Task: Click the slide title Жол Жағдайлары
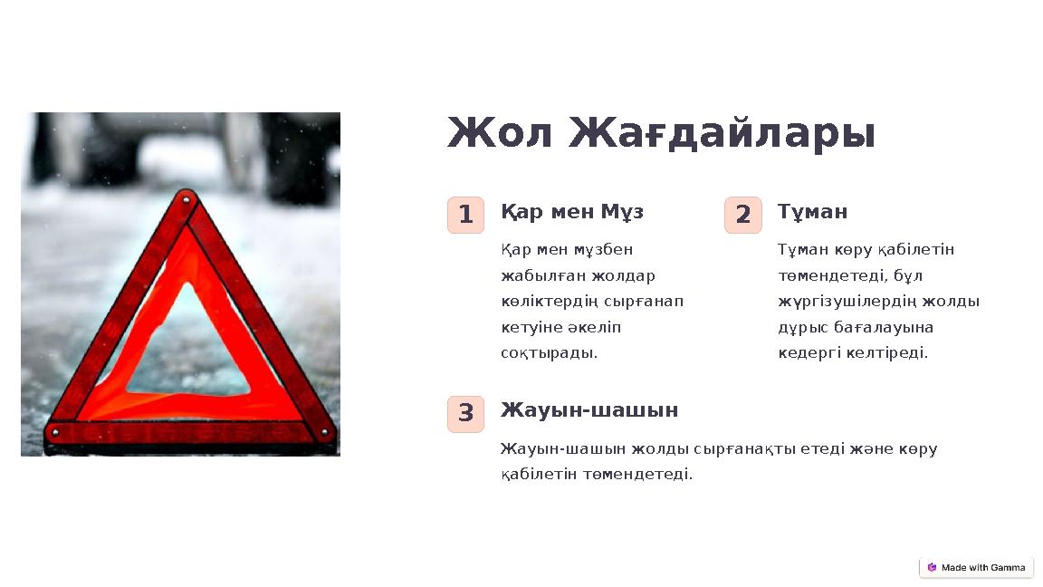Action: tap(661, 134)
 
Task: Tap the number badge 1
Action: tap(465, 216)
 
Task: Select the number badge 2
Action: tap(742, 216)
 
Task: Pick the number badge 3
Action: tap(465, 414)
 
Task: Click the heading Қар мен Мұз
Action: tap(572, 212)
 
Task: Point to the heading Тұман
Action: tap(812, 212)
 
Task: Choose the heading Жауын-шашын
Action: tap(589, 410)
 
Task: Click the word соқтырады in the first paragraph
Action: tap(549, 353)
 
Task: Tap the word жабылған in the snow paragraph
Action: tap(533, 275)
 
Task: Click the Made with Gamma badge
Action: tap(976, 568)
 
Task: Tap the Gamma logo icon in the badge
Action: tap(932, 568)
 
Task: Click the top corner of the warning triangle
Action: tap(187, 198)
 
